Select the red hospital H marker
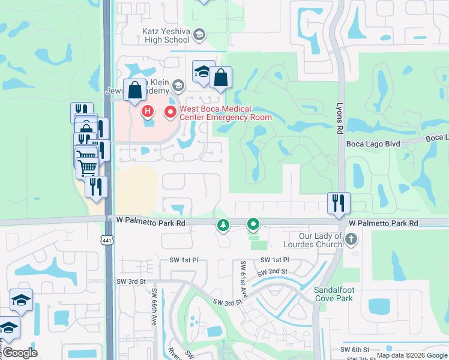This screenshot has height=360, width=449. (148, 111)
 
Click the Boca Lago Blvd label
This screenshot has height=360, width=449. (373, 144)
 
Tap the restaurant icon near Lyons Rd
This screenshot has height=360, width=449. (339, 203)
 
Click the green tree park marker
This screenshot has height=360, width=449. (223, 226)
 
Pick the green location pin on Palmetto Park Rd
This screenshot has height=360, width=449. (253, 225)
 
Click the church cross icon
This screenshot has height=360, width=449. (351, 241)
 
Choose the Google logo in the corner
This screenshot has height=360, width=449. (20, 353)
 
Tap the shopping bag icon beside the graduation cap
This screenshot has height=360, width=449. (220, 77)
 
